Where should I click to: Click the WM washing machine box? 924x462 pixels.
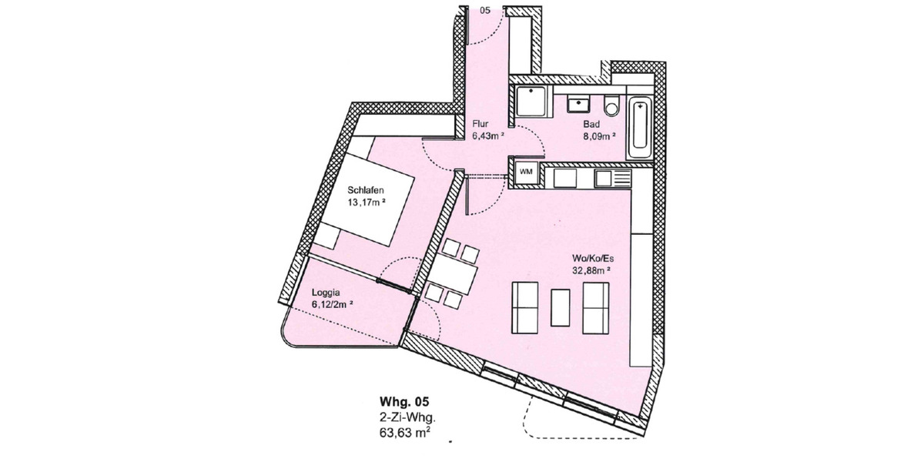pos(526,171)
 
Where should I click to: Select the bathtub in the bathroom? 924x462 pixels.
pos(639,128)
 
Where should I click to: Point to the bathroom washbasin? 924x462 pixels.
pos(577,102)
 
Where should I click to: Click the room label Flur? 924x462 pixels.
pos(481,123)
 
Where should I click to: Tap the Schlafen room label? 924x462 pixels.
pos(366,191)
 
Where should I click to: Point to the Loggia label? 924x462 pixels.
pos(326,293)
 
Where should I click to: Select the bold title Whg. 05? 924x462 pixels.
pos(403,402)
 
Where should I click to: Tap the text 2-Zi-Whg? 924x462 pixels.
pos(404,417)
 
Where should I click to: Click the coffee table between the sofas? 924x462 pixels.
pos(561,306)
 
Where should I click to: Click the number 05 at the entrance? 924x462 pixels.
pos(484,10)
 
